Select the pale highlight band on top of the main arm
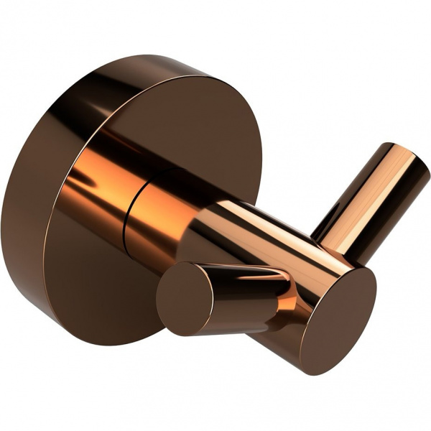coord(237,215)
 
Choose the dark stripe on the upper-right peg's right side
coord(391,208)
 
